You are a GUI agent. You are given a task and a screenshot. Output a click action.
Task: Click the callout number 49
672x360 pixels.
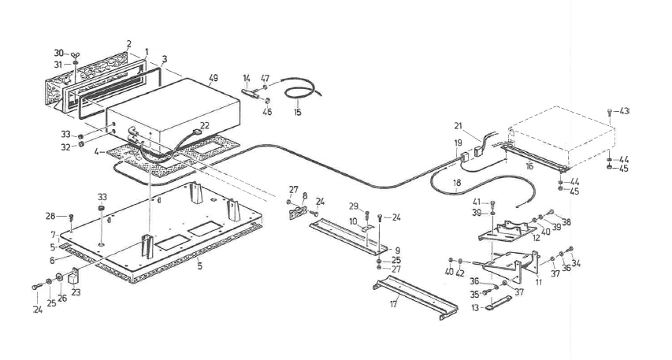213,78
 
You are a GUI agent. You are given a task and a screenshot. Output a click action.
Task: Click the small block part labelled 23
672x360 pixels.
75,276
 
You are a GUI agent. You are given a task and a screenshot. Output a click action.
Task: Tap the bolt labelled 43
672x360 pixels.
611,113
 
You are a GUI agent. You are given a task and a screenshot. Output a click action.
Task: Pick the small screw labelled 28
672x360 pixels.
72,217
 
